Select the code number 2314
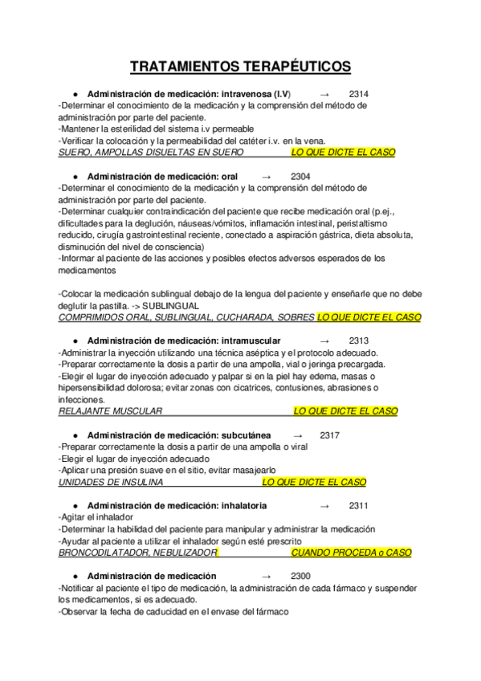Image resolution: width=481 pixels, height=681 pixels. click(359, 93)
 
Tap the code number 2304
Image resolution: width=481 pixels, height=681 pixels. click(300, 176)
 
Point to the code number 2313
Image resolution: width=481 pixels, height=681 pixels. click(359, 340)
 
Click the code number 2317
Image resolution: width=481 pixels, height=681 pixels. click(329, 435)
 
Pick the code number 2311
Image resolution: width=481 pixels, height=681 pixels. click(359, 506)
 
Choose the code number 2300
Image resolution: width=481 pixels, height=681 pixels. click(300, 576)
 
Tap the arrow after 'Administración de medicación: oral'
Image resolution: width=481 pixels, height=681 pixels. click(267, 176)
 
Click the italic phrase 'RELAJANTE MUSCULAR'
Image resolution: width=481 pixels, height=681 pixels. click(111, 411)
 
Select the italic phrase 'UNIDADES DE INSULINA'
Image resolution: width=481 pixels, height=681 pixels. click(111, 482)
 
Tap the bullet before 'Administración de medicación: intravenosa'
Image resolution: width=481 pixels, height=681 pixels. click(74, 93)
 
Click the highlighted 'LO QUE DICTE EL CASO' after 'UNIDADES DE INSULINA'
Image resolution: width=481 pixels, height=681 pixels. click(314, 482)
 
